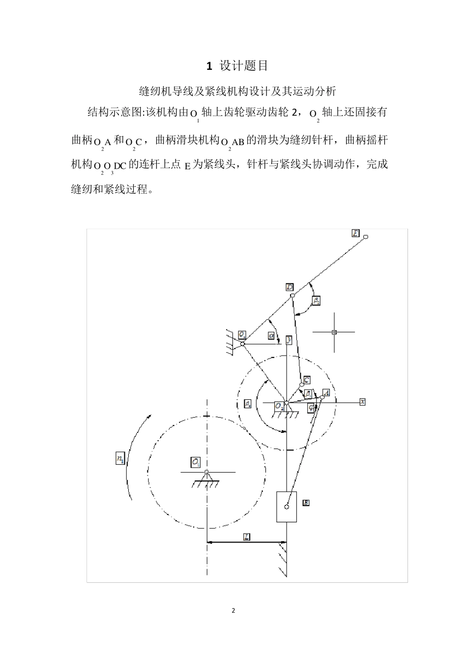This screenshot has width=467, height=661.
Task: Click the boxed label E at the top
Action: tap(356, 233)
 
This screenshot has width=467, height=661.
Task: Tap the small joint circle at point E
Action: tap(366, 237)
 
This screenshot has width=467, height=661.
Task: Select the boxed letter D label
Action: tap(290, 287)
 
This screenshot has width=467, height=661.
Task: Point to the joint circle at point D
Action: tap(292, 296)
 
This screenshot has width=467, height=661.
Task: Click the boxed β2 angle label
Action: tap(317, 300)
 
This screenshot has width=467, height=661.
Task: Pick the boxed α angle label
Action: tap(271, 335)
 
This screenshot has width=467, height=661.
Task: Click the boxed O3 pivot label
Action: tap(242, 334)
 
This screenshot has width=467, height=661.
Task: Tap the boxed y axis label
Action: tap(289, 340)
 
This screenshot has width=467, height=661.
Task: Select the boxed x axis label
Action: tap(362, 402)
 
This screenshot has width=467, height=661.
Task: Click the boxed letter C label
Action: tap(306, 380)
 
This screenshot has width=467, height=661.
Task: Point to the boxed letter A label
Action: tap(325, 393)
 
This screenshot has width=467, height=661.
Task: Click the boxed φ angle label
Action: tap(311, 407)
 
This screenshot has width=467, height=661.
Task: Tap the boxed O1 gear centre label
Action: tap(196, 462)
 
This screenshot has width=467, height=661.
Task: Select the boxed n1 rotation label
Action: tap(119, 459)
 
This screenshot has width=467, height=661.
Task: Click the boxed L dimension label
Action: tap(247, 537)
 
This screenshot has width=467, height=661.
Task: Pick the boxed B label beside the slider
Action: tap(306, 503)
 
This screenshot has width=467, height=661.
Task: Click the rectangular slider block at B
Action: tap(286, 507)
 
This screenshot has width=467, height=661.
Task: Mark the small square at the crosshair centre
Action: tap(334, 332)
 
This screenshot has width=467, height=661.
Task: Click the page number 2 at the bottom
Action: tap(233, 611)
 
